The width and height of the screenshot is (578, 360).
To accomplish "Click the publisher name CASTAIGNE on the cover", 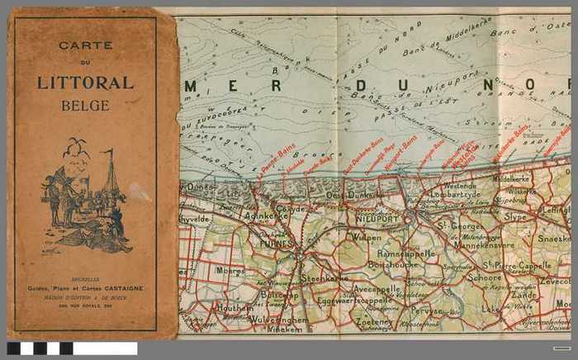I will [x=119, y=287].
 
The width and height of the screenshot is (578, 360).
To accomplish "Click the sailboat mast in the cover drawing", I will [x=110, y=173].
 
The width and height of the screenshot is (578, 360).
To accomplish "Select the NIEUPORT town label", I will [x=377, y=220].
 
